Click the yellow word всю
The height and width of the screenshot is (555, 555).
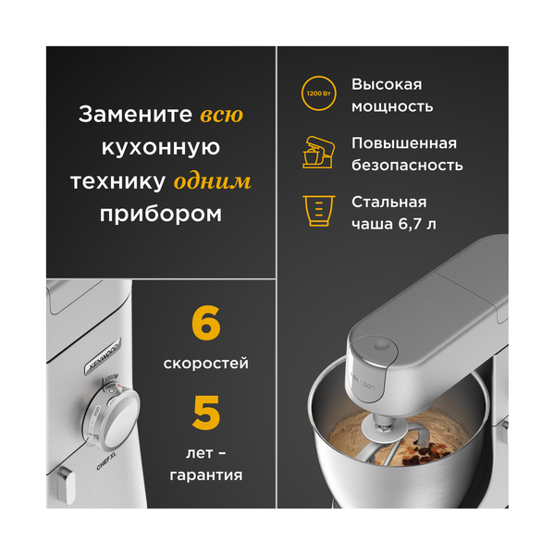[x=222, y=116]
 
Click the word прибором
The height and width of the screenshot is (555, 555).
[x=161, y=214]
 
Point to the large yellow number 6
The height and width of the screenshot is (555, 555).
[x=205, y=325]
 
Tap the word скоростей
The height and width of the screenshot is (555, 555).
[x=205, y=364]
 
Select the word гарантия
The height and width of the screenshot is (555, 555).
[x=205, y=475]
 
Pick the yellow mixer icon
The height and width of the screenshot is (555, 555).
[x=318, y=152]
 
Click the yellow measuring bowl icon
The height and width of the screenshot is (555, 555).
[x=318, y=210]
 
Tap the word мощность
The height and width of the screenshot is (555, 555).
[x=392, y=106]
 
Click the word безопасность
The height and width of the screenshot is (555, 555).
[x=407, y=166]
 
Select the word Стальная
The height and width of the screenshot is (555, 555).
[x=388, y=202]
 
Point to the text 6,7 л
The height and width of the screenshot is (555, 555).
[x=416, y=225]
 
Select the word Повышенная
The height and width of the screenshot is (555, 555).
[x=404, y=143]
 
